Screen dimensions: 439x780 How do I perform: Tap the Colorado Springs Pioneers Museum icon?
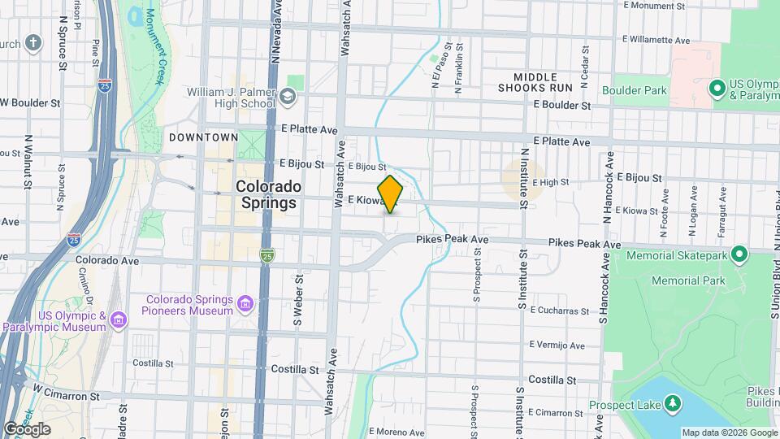(x=245, y=305)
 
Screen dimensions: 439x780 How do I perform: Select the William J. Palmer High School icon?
(x=286, y=98)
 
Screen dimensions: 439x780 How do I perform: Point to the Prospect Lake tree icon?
(x=672, y=403)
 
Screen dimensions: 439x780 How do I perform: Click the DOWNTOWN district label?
(x=203, y=137)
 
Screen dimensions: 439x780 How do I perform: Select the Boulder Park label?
(x=634, y=89)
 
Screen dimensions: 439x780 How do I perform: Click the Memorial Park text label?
(x=690, y=280)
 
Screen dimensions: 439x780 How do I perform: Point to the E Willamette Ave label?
(x=656, y=39)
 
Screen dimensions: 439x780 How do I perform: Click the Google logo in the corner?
(x=26, y=428)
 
